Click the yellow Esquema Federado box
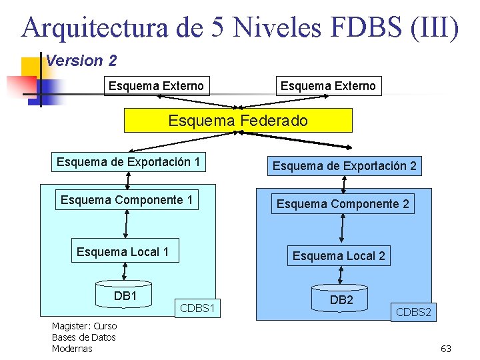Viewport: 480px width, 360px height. coord(238,121)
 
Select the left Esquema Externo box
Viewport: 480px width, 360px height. coord(156,85)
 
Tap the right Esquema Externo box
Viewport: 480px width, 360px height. coord(328,85)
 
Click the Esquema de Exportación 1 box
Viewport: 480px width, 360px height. coord(128,162)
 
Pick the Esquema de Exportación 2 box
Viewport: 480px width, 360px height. coord(344,166)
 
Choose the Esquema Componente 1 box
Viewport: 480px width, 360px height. coord(127,200)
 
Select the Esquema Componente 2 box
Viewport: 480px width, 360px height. coord(343,203)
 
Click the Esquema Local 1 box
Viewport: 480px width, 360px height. coord(123,251)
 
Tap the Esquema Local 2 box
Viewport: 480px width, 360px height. coord(339,255)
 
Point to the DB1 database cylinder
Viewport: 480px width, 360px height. coord(125,296)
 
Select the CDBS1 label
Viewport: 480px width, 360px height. coord(197,308)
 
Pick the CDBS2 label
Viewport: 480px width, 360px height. coord(413,311)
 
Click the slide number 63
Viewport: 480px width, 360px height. coord(446,349)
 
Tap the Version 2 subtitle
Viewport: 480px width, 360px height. coord(81,61)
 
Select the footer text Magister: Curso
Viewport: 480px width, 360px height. coord(84,326)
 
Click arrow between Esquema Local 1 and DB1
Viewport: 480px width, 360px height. coord(124,272)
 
